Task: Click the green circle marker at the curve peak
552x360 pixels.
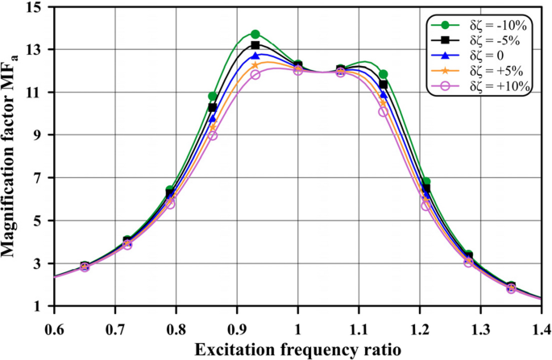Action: (x=255, y=34)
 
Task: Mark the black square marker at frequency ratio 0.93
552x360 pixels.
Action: (x=255, y=45)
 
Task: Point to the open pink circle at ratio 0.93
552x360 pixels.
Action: (x=255, y=74)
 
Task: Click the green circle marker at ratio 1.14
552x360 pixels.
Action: (x=383, y=74)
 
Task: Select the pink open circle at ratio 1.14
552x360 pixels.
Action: (x=383, y=111)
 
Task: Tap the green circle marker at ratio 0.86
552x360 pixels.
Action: (x=213, y=96)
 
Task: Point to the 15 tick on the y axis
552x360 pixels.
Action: (x=37, y=7)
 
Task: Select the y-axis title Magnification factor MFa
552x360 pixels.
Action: (x=11, y=156)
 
